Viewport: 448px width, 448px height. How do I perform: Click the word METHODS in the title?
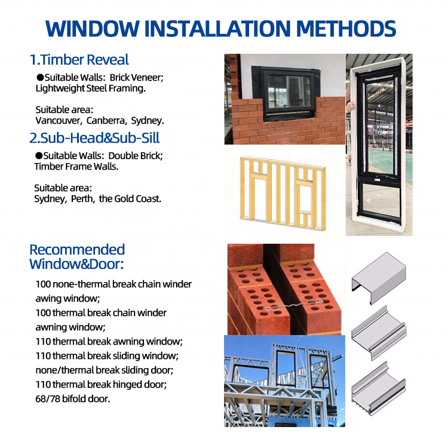coord(346,29)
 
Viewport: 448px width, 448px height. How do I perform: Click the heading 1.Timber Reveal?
coord(79,60)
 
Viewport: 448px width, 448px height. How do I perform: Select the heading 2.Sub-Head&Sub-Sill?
coord(94,138)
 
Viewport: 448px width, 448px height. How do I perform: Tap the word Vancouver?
coord(59,121)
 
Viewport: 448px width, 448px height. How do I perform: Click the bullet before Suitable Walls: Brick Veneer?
coord(40,78)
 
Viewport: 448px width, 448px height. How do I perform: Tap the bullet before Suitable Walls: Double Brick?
coord(39,156)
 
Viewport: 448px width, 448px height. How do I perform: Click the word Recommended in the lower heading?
coord(77,250)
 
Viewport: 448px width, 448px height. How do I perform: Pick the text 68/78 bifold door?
coord(72,398)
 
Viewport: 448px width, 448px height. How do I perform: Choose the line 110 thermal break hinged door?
coord(101,384)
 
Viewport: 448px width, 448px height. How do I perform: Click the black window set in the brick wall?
coord(286,92)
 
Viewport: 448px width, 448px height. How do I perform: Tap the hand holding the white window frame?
coord(350,107)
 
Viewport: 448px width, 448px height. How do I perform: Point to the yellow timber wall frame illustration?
coord(283,194)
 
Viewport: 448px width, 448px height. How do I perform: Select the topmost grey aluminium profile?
coord(379,277)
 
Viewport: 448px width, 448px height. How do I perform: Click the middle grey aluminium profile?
coord(379,332)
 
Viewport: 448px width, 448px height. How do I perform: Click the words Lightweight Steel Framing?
coord(91,88)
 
